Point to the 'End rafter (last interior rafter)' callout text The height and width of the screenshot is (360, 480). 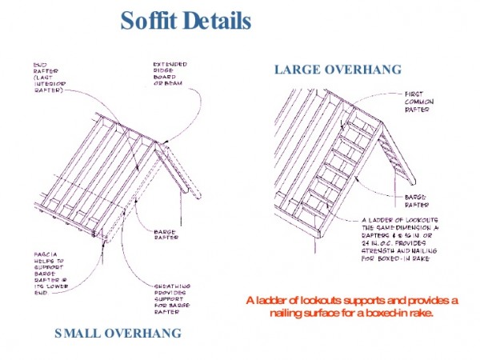pos(47,78)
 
